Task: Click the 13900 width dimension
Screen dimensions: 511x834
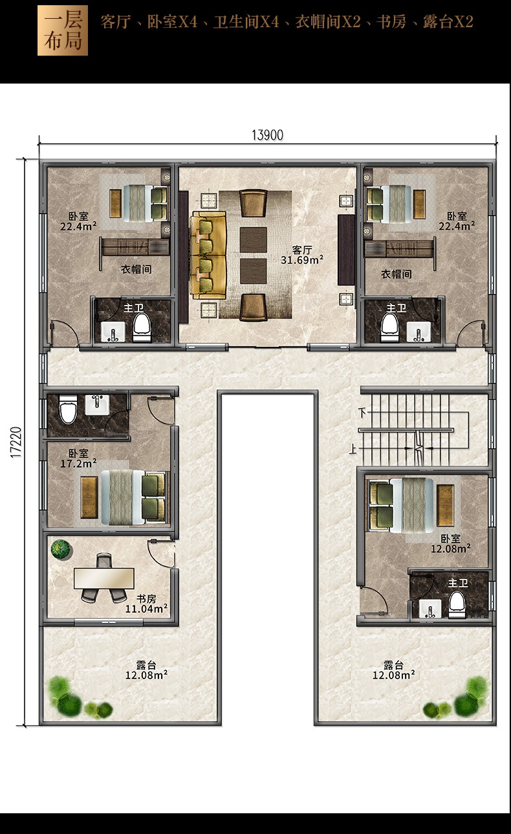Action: (x=267, y=135)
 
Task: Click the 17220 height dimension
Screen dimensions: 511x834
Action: (x=16, y=442)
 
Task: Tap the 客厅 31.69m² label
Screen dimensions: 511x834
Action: (x=301, y=254)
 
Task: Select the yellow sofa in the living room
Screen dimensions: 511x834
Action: (x=208, y=255)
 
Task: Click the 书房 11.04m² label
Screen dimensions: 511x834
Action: (x=146, y=603)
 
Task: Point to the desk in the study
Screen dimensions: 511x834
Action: (x=103, y=578)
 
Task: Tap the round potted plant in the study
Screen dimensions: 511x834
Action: (x=61, y=549)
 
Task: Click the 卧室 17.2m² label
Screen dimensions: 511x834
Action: (x=78, y=458)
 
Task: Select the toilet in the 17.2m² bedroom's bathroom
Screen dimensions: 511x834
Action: (x=69, y=409)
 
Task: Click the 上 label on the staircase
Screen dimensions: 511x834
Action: (x=352, y=450)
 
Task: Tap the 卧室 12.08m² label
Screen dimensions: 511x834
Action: (x=450, y=543)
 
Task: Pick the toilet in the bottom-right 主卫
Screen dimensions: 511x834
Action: (x=457, y=605)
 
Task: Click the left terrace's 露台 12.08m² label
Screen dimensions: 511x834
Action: (x=146, y=670)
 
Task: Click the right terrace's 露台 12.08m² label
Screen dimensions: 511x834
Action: (x=393, y=670)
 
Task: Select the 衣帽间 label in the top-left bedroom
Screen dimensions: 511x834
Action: (x=136, y=269)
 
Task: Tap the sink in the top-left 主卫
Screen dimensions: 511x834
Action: (x=113, y=332)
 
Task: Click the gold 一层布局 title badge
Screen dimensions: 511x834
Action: (x=63, y=30)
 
